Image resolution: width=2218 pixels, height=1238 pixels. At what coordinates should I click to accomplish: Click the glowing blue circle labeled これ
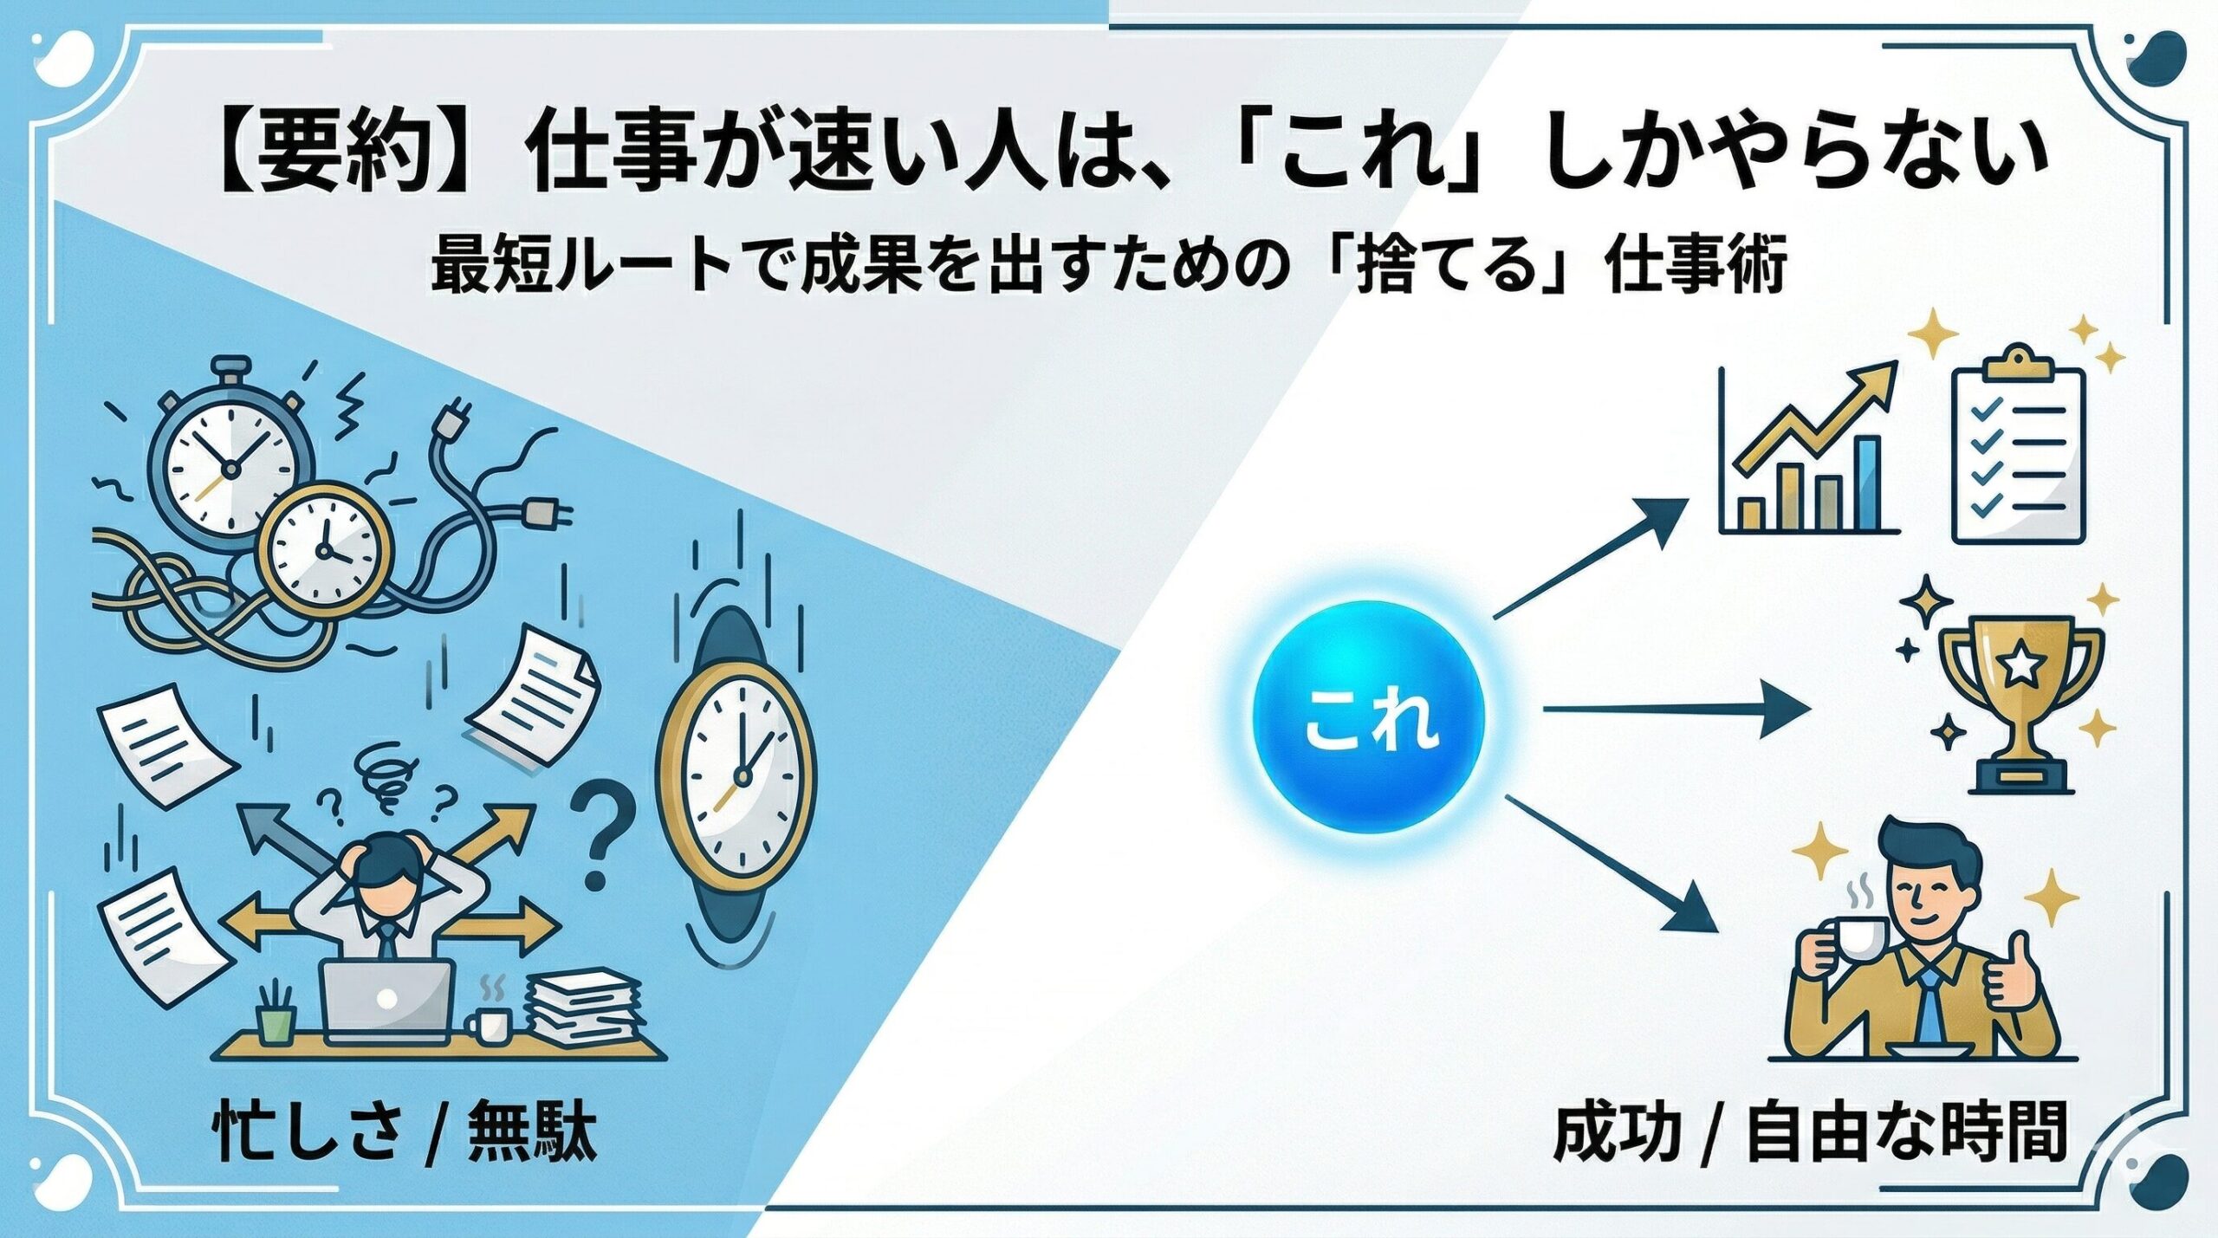tap(1369, 718)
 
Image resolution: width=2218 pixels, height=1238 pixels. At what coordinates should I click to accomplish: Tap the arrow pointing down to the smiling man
tap(1612, 862)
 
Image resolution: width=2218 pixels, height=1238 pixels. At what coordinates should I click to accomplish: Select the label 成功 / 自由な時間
tap(1811, 1131)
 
